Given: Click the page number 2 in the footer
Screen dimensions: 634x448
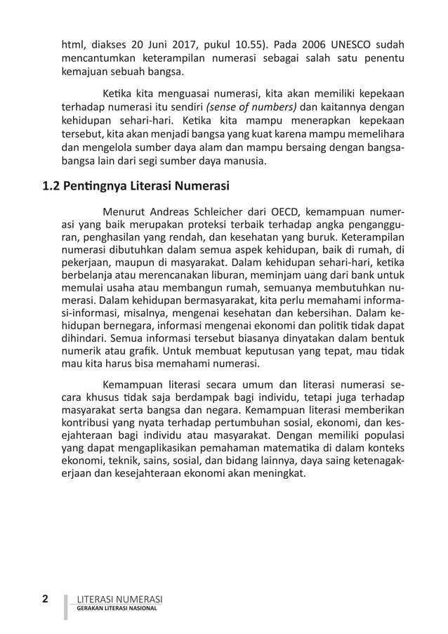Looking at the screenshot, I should (45, 599).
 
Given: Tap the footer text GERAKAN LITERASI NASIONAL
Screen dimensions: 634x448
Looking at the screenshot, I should (117, 608).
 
